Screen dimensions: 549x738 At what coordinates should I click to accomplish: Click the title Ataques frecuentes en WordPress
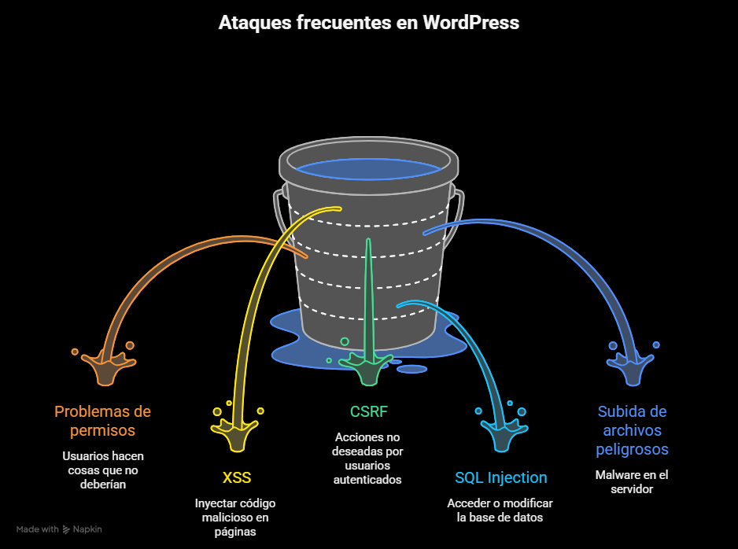point(368,23)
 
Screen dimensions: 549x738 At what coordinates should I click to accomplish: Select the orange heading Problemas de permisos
point(102,421)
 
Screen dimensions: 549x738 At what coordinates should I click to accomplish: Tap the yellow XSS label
point(236,477)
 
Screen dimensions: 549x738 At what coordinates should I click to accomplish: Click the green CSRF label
point(368,411)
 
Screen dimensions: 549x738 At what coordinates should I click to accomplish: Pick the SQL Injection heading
point(500,477)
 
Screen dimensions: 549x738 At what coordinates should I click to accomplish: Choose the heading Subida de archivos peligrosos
point(632,430)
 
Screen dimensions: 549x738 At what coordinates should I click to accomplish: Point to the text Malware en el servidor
point(632,482)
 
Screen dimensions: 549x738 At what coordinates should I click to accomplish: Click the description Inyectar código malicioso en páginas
point(236,518)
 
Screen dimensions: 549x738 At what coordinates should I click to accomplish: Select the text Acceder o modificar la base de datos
point(500,510)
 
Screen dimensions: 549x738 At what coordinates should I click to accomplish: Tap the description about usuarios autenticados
point(368,458)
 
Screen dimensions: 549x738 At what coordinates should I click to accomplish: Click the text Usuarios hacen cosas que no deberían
point(102,470)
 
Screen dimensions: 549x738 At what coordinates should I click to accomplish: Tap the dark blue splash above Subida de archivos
point(633,368)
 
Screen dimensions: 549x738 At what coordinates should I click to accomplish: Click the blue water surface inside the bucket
point(368,168)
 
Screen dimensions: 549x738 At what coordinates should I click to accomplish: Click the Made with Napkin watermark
point(59,529)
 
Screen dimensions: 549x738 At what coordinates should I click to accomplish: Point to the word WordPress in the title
point(470,23)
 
